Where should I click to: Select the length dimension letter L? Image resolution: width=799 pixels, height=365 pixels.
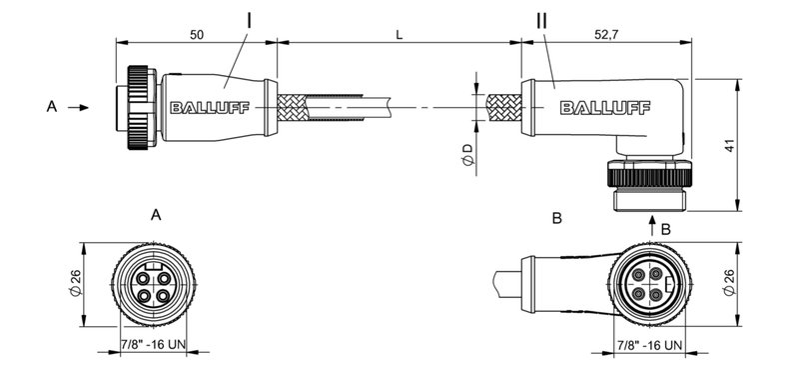[399, 34]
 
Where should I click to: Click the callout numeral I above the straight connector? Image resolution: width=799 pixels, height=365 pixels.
[248, 20]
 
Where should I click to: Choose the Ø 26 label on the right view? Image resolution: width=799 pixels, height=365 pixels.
[729, 284]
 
